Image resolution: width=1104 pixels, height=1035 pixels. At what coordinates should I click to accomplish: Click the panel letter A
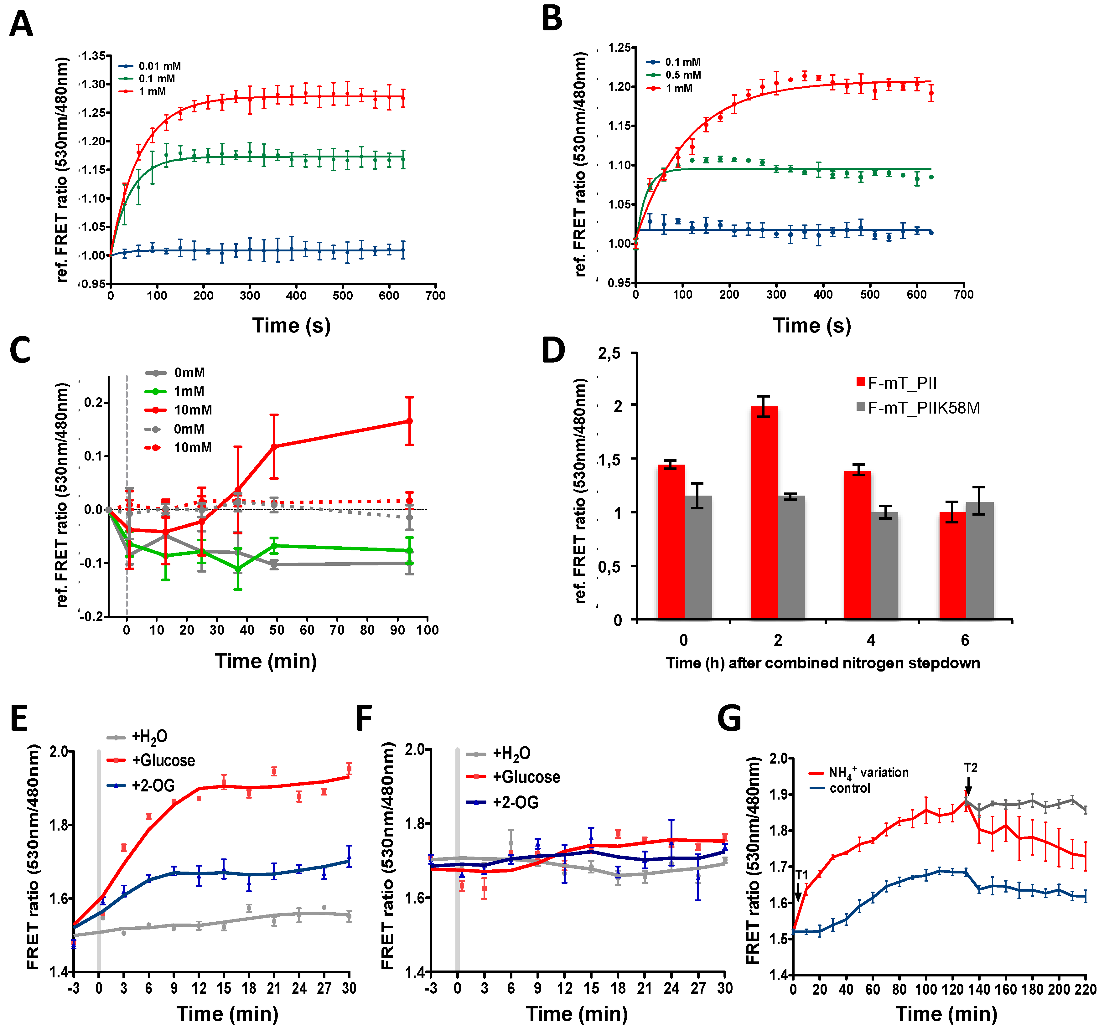click(x=21, y=25)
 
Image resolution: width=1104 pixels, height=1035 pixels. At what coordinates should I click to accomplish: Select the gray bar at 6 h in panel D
click(x=980, y=560)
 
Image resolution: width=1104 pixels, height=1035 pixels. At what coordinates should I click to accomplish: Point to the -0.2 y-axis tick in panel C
click(x=92, y=616)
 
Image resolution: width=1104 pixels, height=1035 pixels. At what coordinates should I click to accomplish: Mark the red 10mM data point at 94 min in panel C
click(x=409, y=421)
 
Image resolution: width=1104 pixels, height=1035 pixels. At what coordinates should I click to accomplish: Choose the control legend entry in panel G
click(x=850, y=789)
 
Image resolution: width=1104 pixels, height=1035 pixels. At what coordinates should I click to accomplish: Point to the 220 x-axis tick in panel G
click(x=1085, y=990)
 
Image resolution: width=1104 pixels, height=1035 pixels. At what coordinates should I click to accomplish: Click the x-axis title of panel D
click(x=823, y=663)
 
